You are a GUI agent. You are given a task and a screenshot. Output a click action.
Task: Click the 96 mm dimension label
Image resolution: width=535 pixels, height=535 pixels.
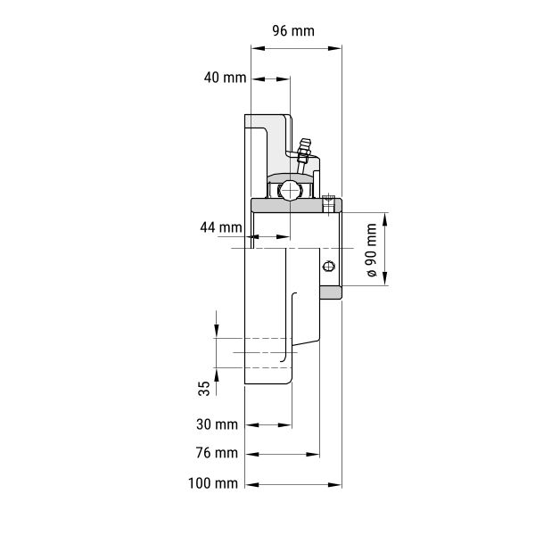tap(293, 31)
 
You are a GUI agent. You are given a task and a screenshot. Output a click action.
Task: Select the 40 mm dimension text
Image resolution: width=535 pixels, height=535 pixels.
tap(225, 78)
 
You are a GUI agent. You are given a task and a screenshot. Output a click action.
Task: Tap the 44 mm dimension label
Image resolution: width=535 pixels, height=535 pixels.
tap(221, 227)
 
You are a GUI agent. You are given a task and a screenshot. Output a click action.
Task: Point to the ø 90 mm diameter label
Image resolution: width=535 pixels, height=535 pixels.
tap(371, 250)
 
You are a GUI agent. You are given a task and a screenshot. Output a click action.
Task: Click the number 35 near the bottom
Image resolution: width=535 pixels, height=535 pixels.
tap(204, 388)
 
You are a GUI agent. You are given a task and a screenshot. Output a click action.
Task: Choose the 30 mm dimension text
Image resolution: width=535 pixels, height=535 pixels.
tap(217, 424)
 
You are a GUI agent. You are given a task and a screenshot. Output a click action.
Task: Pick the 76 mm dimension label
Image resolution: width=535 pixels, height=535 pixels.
tap(217, 453)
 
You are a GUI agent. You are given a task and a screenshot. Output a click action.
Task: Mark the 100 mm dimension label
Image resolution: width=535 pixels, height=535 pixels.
tap(213, 483)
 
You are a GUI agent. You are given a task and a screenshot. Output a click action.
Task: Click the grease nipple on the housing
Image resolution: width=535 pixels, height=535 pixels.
tap(303, 155)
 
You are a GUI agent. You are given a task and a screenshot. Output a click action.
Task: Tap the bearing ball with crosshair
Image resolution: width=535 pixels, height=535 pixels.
tap(290, 191)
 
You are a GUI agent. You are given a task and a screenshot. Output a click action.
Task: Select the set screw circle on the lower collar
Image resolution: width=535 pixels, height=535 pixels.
tap(328, 266)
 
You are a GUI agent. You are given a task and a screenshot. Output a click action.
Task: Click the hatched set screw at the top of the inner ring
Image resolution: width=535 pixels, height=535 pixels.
tap(328, 203)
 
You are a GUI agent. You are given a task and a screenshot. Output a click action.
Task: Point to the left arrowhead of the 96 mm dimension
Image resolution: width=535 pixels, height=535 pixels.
tap(258, 48)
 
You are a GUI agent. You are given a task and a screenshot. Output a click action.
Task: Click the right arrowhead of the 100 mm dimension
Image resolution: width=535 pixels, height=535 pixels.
tap(334, 484)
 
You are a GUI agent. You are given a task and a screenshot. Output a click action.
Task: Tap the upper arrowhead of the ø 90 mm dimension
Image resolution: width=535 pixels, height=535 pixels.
tap(385, 219)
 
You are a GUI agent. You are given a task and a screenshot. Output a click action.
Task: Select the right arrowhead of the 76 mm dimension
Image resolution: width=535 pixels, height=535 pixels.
tap(313, 455)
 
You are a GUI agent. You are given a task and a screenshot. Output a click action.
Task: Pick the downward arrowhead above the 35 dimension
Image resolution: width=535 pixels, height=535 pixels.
tap(217, 331)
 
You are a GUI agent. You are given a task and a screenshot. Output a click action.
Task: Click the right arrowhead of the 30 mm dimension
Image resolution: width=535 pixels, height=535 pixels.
tap(285, 425)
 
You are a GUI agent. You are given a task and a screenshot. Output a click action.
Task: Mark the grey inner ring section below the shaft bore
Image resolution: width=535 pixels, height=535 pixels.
tap(331, 292)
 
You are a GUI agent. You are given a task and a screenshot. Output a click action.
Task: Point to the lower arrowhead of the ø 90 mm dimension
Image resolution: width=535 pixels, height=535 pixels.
tap(385, 278)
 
